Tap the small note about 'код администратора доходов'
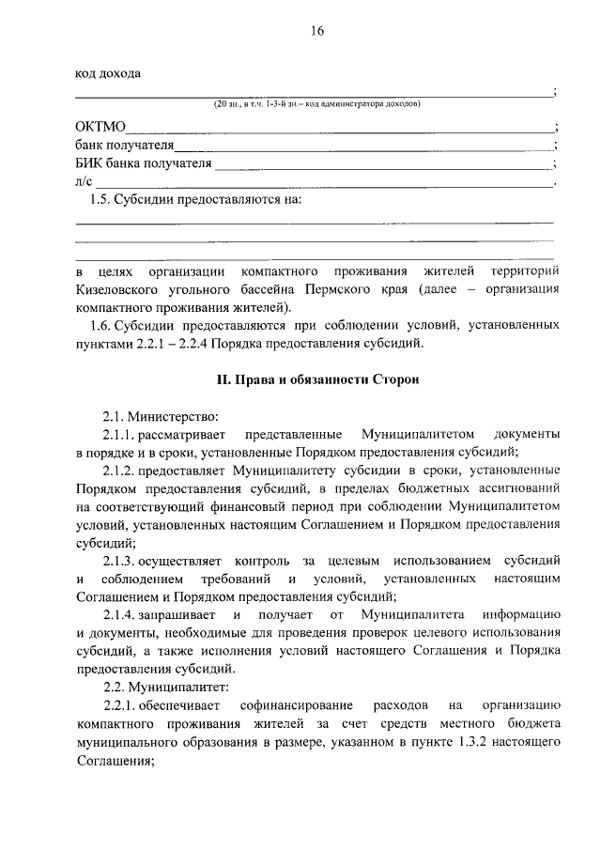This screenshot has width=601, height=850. [x=316, y=103]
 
